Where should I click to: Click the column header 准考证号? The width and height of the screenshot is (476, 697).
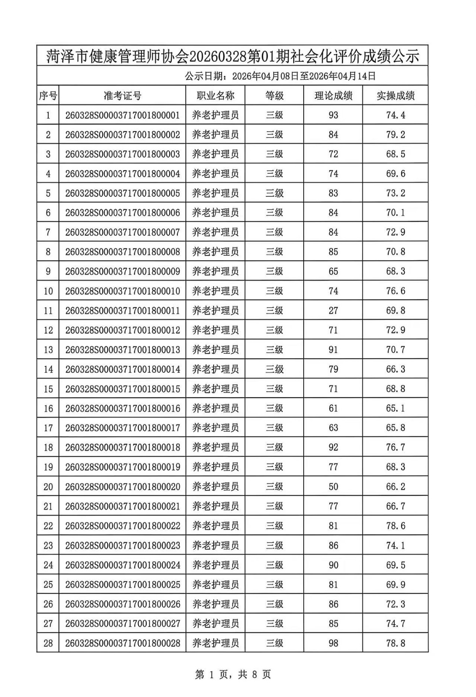(x=122, y=96)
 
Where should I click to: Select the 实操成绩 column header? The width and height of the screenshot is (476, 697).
(x=395, y=96)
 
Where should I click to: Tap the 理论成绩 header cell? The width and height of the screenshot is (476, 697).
(x=333, y=96)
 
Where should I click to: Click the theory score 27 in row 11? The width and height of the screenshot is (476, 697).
(x=333, y=311)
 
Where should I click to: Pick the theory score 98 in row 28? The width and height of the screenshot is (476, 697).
(x=333, y=643)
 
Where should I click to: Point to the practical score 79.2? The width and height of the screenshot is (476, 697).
(x=395, y=135)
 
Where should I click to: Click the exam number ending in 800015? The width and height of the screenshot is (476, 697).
(x=122, y=389)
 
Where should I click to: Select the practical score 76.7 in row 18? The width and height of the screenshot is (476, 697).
(x=395, y=447)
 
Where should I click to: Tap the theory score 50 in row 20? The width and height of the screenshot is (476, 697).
(x=333, y=487)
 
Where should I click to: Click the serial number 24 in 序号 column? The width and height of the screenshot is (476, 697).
(x=48, y=565)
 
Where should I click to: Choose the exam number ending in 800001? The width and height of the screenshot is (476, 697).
(x=122, y=115)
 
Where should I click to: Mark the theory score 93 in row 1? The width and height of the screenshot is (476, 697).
(x=333, y=115)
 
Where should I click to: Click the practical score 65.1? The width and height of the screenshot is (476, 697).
(x=395, y=408)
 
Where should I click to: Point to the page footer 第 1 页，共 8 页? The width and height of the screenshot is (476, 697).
(x=233, y=675)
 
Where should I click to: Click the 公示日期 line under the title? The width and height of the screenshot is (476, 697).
(x=280, y=76)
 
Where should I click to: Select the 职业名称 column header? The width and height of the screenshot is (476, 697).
(x=215, y=96)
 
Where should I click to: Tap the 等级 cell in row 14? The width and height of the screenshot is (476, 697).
(x=275, y=369)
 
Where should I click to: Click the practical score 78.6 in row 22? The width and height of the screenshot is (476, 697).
(x=395, y=526)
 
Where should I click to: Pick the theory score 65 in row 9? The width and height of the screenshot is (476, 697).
(x=333, y=271)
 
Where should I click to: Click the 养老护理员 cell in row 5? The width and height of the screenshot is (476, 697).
(x=215, y=193)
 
